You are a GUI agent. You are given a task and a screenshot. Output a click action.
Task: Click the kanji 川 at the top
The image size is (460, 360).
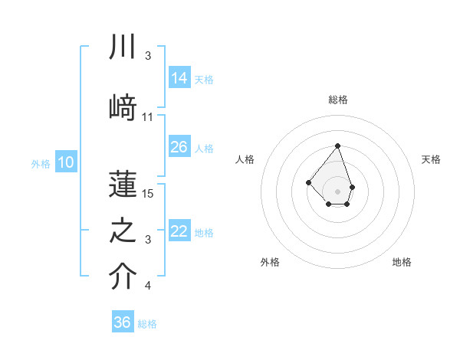123,47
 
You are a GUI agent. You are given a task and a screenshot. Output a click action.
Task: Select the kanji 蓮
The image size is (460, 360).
123,183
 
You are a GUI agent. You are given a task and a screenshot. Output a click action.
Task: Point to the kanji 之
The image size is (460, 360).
123,231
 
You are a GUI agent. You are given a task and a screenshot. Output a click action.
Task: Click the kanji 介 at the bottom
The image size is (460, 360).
123,277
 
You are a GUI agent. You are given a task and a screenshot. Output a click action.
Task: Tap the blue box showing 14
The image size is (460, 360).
179,78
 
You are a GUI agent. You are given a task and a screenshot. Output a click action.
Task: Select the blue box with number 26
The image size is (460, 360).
179,147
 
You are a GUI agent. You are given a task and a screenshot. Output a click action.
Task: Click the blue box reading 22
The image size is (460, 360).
179,231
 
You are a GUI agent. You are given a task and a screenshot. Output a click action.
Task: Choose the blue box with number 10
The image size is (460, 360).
66,162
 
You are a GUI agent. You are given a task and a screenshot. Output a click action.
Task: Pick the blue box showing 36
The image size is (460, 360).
123,322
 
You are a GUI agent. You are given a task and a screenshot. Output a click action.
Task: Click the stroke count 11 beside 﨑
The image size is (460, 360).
148,116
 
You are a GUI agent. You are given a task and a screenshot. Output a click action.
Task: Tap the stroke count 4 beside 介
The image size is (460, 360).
148,286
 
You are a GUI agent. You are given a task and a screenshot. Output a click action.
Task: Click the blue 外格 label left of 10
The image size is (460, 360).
41,163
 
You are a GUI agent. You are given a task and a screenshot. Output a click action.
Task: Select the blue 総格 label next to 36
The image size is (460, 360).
147,324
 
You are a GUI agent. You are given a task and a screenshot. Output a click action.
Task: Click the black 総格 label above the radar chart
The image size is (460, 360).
338,100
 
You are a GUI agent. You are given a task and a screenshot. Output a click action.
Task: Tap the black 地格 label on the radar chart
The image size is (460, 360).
402,262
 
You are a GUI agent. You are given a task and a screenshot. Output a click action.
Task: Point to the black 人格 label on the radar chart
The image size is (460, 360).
245,159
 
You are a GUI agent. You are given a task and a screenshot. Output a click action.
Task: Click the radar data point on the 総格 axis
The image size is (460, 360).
337,146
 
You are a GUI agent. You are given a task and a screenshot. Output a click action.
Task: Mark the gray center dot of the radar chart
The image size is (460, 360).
337,191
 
